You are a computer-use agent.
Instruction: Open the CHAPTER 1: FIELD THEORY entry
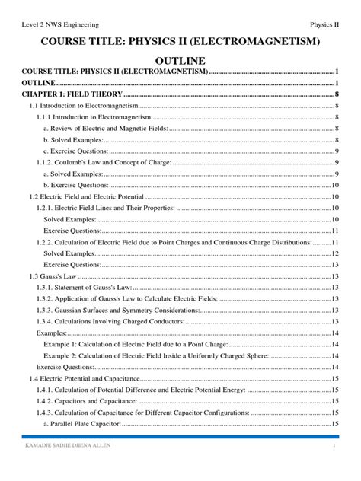click(x=69, y=94)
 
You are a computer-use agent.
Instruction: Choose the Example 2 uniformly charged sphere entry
click(x=157, y=355)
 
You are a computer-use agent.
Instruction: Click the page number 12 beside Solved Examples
click(x=335, y=253)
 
